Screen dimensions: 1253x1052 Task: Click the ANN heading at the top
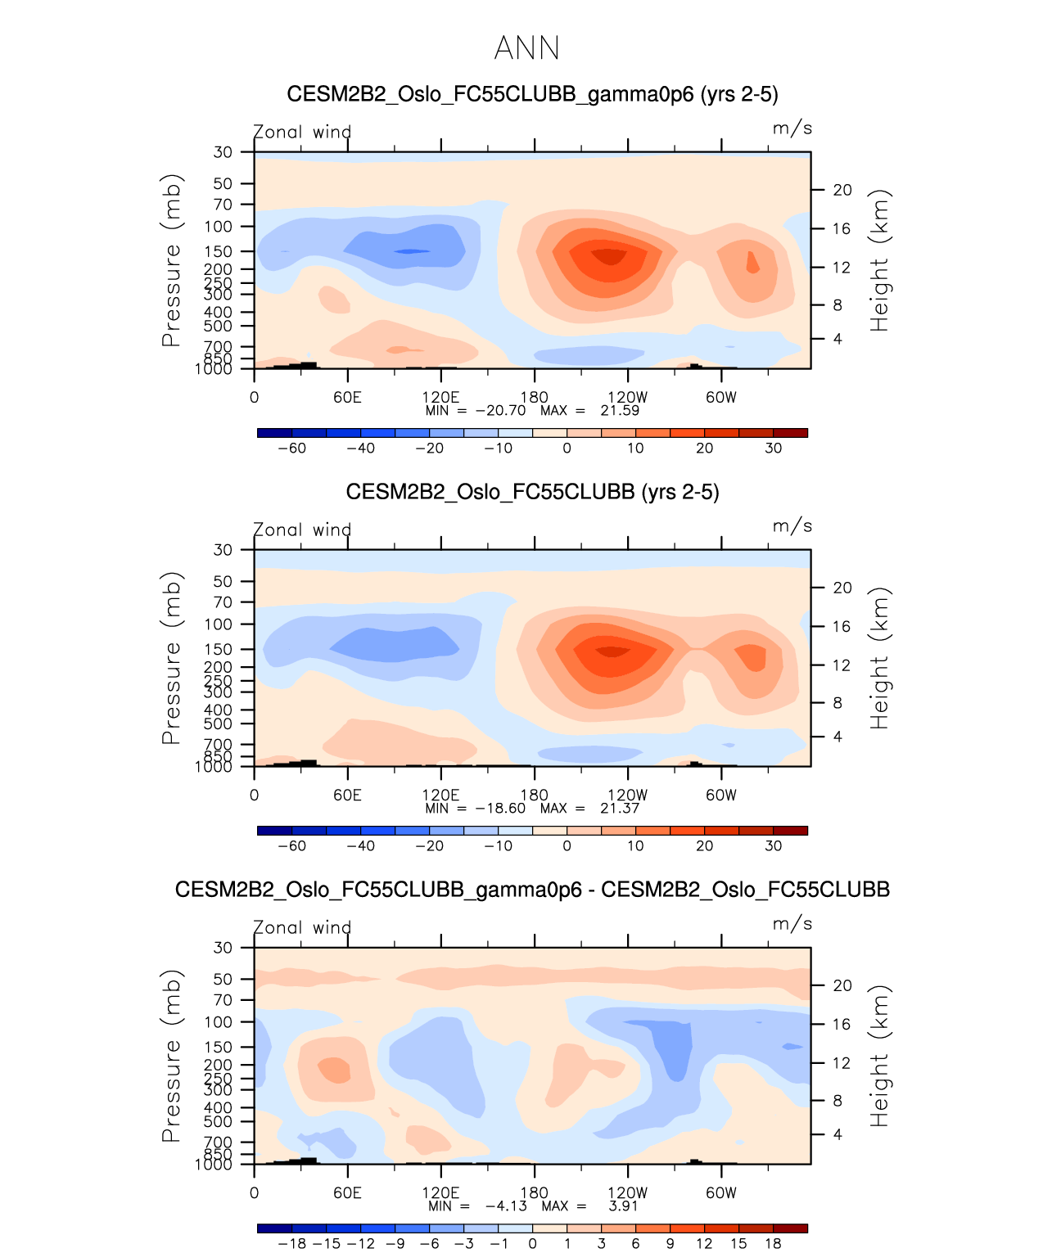[526, 48]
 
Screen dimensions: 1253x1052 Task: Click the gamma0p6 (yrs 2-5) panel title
[532, 94]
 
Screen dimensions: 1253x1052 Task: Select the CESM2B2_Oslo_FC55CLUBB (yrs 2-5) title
[532, 492]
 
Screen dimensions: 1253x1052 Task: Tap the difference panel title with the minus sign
[532, 890]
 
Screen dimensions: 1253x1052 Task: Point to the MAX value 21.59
[620, 411]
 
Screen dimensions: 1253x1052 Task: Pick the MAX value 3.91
[623, 1206]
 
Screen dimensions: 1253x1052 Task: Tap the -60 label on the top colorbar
[291, 448]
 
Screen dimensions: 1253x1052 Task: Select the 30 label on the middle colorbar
[773, 846]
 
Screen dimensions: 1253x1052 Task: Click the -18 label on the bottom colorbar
[291, 1244]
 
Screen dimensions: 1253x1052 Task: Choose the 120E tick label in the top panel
[440, 398]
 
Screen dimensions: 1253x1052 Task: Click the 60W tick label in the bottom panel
[721, 1193]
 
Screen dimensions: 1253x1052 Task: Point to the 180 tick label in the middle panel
[535, 795]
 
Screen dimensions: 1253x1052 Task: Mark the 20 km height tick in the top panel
[842, 190]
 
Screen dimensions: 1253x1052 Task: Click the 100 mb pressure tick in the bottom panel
[219, 1022]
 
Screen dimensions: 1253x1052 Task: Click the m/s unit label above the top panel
[792, 128]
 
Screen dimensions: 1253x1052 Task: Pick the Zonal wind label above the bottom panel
[302, 928]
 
